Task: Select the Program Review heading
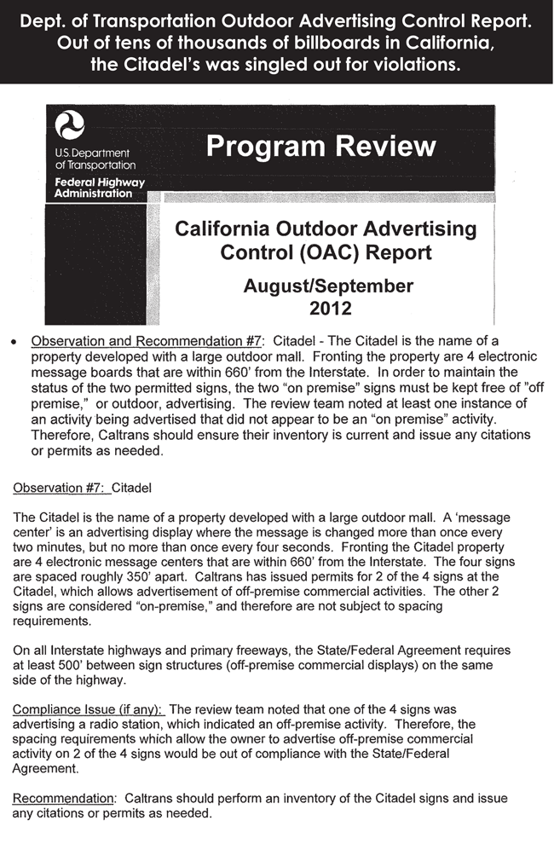tap(320, 146)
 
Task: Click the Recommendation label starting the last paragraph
tap(64, 798)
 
